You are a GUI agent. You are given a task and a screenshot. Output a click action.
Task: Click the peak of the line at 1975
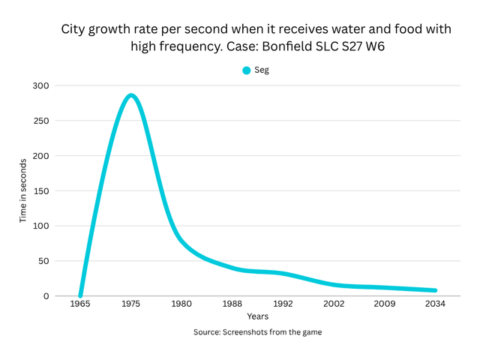tap(131, 95)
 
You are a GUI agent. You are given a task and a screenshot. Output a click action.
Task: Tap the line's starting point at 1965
tap(80, 295)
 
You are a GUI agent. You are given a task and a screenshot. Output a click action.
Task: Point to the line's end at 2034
tap(435, 290)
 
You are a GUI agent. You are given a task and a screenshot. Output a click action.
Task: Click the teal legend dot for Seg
tap(246, 70)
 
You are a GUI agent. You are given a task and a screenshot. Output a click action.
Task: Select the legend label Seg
tap(262, 70)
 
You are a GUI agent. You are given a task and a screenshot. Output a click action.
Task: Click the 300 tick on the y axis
tap(40, 85)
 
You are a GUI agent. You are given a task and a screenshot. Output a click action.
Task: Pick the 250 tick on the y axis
tap(40, 121)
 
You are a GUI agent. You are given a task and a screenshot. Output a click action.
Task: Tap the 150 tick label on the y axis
tap(40, 190)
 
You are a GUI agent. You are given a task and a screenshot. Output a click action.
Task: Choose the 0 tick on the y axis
tap(45, 296)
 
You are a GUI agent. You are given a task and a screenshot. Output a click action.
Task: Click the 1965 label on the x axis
tap(80, 304)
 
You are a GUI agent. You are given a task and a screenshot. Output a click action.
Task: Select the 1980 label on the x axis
tap(181, 304)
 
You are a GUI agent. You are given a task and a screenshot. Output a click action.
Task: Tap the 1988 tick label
tap(232, 304)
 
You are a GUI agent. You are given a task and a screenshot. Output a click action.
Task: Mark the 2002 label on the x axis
tap(334, 304)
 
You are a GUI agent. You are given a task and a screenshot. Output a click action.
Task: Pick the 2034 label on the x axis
tap(435, 304)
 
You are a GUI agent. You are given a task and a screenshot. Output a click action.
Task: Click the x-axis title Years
tap(258, 316)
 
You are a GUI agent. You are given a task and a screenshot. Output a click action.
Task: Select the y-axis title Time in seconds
tap(23, 190)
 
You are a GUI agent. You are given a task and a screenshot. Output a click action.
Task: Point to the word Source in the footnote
tap(208, 331)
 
